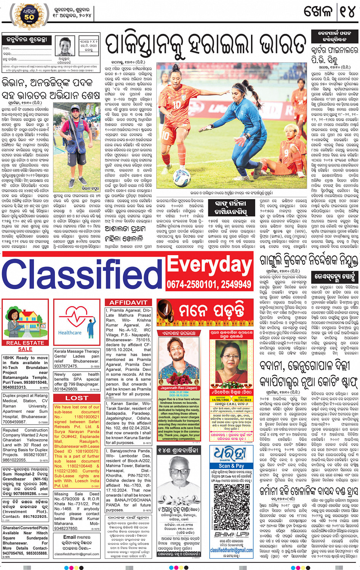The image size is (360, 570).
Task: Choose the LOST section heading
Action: point(77,398)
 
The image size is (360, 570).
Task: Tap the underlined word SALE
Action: point(25,349)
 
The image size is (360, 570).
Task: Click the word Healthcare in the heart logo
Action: point(70,332)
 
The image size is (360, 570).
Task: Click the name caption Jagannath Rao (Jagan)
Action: point(179,388)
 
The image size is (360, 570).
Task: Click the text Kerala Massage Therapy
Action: point(77,351)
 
